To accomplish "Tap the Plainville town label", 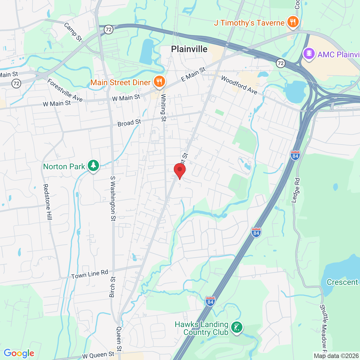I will click(189, 49).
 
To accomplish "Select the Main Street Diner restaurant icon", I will click(159, 82).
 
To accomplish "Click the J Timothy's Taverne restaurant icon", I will click(293, 22).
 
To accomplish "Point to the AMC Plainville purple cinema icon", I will click(309, 53).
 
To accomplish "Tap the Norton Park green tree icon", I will click(93, 166).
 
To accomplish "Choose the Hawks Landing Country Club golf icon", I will click(237, 327).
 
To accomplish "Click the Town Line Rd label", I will click(90, 274).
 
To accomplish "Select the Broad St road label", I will click(129, 123).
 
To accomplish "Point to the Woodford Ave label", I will click(239, 85).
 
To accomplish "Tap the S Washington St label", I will click(113, 199).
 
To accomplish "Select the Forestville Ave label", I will click(65, 90).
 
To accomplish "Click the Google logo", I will click(19, 353).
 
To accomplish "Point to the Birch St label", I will click(112, 287).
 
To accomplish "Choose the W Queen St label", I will click(98, 355).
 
